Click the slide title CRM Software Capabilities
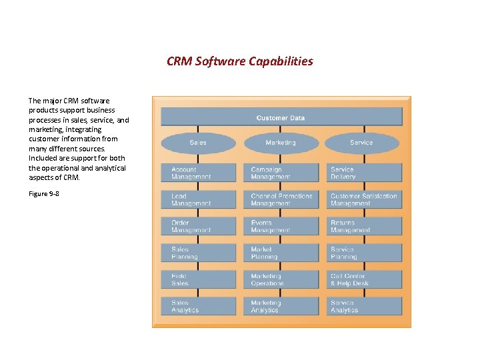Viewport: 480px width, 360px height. [239, 61]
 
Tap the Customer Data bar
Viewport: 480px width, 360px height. [281, 117]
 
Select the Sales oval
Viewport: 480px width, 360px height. [198, 143]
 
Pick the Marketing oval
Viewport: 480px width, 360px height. [281, 143]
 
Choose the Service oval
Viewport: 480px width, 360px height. [361, 143]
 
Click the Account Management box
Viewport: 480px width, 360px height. [199, 173]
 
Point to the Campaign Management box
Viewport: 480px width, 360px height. [281, 173]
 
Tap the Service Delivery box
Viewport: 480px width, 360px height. [364, 173]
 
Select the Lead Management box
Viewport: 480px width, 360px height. [199, 200]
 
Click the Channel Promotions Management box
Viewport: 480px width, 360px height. [281, 200]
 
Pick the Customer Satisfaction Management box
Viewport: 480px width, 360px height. [364, 200]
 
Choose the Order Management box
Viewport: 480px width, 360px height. [199, 227]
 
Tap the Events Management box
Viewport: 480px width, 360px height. [281, 227]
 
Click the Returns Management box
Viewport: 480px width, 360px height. [364, 227]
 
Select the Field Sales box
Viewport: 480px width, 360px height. [199, 279]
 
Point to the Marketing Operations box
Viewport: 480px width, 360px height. [281, 279]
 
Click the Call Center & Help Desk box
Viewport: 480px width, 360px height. [364, 279]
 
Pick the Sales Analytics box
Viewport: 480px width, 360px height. [199, 306]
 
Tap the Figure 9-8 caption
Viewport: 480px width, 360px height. [44, 194]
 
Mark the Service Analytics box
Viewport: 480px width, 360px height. [364, 306]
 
